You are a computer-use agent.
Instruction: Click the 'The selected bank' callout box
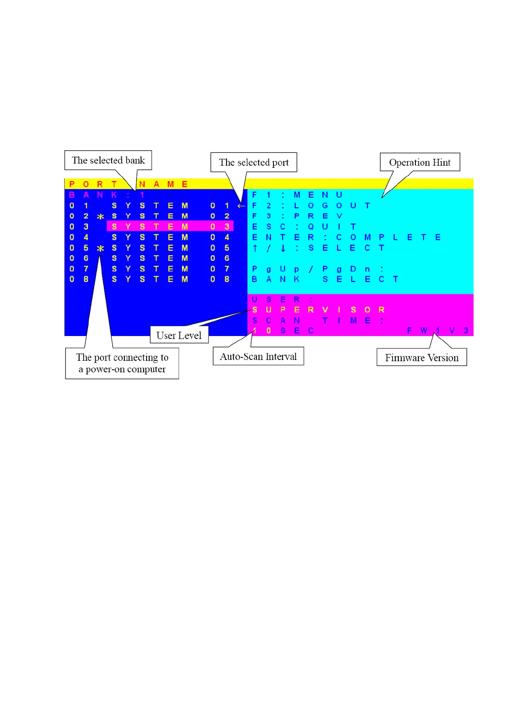[x=108, y=160]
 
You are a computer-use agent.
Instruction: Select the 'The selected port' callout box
[x=253, y=162]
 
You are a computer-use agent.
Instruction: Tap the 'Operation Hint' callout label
[x=420, y=162]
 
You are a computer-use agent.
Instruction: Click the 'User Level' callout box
[x=179, y=335]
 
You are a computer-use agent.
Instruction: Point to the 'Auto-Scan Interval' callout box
[x=258, y=357]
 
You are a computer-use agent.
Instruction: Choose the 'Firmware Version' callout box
[x=421, y=357]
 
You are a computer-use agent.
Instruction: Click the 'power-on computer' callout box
[x=122, y=363]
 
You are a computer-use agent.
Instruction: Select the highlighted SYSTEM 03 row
[x=170, y=226]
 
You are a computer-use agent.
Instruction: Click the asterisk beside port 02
[x=100, y=216]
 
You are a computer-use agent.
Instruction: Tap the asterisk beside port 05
[x=100, y=248]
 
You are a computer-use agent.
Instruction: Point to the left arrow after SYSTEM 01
[x=241, y=206]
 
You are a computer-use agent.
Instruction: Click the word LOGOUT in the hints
[x=332, y=205]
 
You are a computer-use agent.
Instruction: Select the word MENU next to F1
[x=318, y=195]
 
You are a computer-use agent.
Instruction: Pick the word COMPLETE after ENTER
[x=388, y=237]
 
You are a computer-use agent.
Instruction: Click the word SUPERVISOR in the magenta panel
[x=318, y=310]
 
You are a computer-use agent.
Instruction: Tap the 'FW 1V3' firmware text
[x=438, y=330]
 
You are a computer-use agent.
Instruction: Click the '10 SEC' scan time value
[x=282, y=330]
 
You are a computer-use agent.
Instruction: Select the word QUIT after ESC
[x=332, y=226]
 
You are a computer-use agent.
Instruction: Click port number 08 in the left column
[x=79, y=279]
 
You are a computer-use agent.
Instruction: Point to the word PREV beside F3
[x=318, y=216]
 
